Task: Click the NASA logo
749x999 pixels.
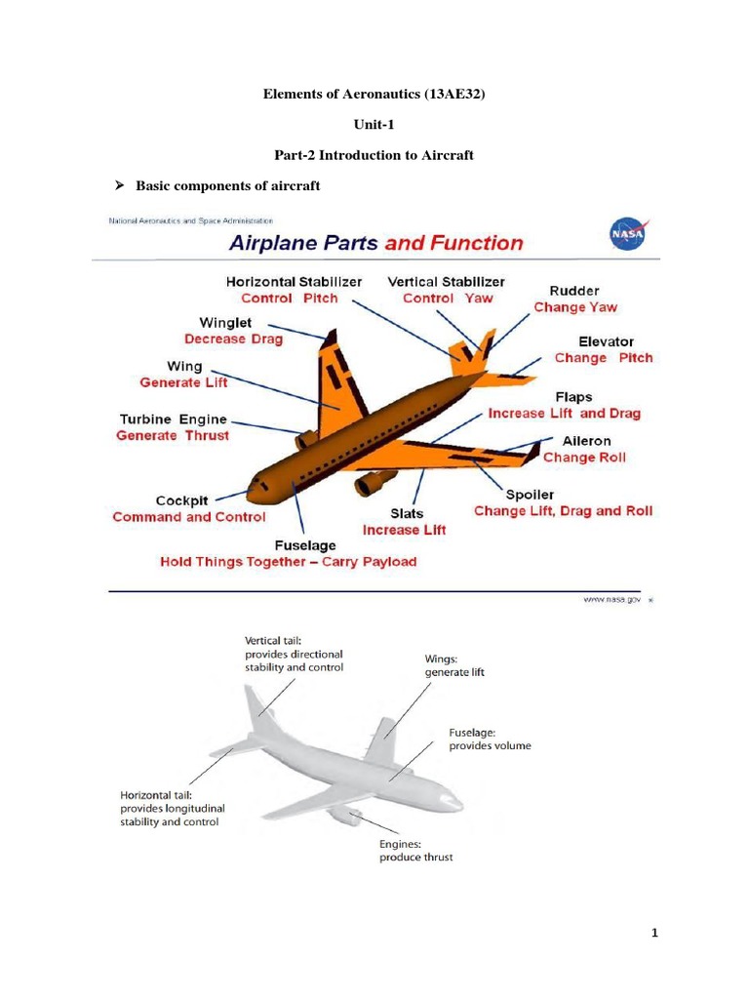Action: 626,234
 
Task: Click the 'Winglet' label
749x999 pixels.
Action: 226,322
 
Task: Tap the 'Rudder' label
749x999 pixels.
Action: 574,291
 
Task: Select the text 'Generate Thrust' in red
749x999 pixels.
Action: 173,436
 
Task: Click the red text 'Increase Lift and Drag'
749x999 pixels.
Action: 564,414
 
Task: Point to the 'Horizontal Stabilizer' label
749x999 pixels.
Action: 294,281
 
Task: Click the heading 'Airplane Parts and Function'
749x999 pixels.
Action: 375,243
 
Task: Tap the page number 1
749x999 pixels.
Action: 656,934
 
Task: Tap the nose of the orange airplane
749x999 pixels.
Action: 252,485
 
